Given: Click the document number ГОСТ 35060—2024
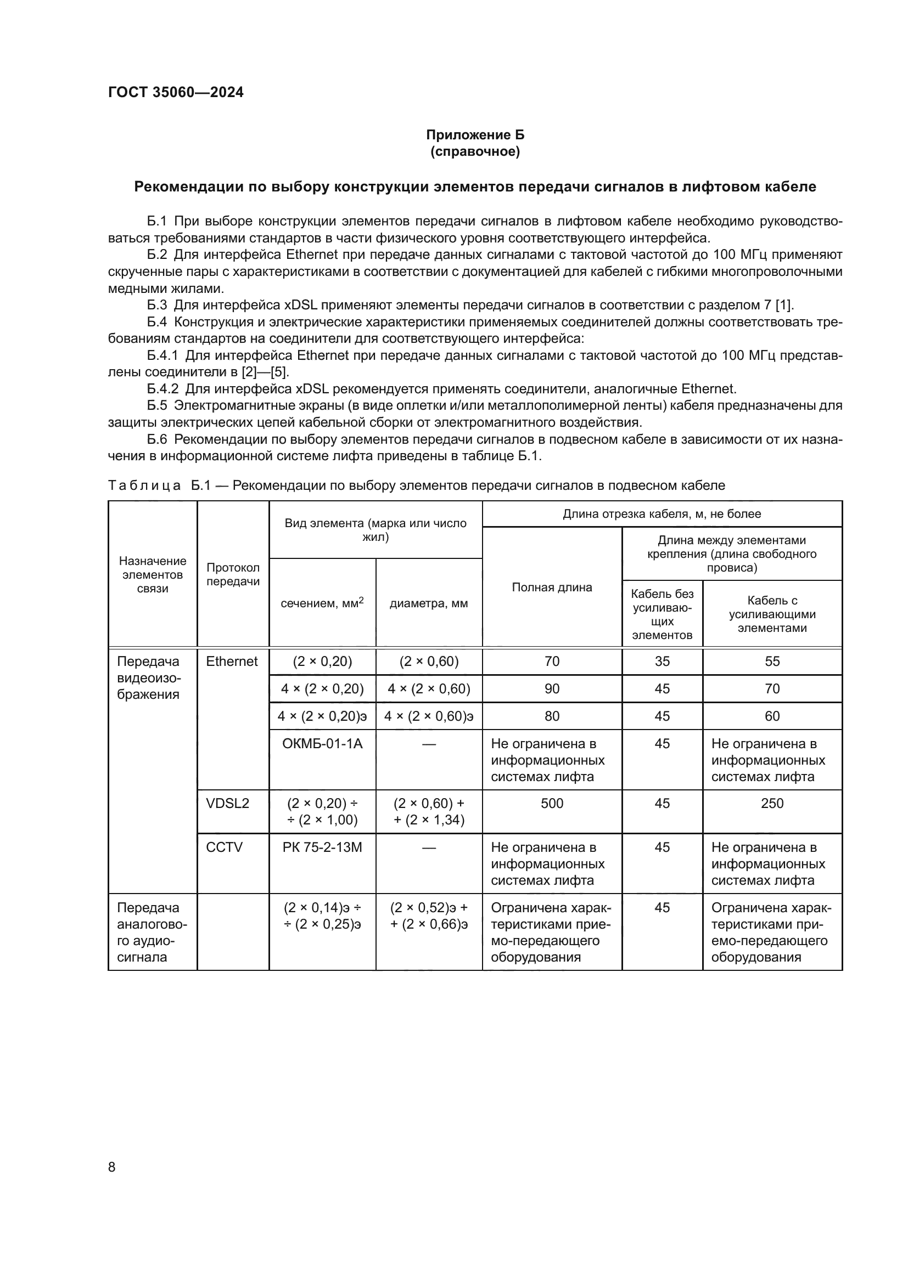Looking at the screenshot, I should [x=176, y=92].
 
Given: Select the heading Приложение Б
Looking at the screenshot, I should [x=475, y=135].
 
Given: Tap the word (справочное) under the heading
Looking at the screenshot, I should [x=475, y=151].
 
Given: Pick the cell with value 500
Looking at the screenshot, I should [x=551, y=803].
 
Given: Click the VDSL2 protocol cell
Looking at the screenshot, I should [x=228, y=803].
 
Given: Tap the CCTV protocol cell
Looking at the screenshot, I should [x=224, y=847].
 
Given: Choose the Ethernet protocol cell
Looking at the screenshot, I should [x=232, y=661].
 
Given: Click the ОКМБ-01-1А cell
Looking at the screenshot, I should [x=322, y=743].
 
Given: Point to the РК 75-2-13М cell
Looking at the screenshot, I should [x=322, y=847].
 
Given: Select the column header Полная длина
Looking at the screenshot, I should [x=551, y=587].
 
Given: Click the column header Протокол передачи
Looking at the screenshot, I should [x=233, y=574].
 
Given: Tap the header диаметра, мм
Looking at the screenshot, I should [x=428, y=603].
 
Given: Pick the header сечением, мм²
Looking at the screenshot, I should [x=322, y=603].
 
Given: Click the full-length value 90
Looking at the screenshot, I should [x=551, y=688].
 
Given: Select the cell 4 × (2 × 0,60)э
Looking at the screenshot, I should [x=428, y=716].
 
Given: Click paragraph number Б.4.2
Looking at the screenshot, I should [x=162, y=389].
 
